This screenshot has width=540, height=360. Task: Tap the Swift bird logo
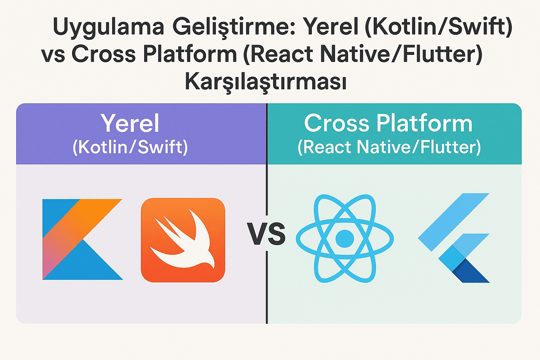point(183,240)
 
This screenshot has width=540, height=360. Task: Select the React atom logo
point(345,238)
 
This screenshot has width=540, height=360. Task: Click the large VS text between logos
point(266,234)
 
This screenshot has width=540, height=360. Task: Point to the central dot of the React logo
point(345,239)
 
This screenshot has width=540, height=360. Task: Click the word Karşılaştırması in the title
point(266,82)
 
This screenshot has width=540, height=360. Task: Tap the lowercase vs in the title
point(53,55)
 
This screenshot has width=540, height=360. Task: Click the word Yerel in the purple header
point(130,123)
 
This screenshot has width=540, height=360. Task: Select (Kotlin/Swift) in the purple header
point(130,147)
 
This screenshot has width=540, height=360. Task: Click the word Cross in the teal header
point(336,123)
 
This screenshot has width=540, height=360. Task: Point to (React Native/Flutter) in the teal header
point(389,147)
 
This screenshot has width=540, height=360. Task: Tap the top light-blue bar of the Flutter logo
point(453,219)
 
